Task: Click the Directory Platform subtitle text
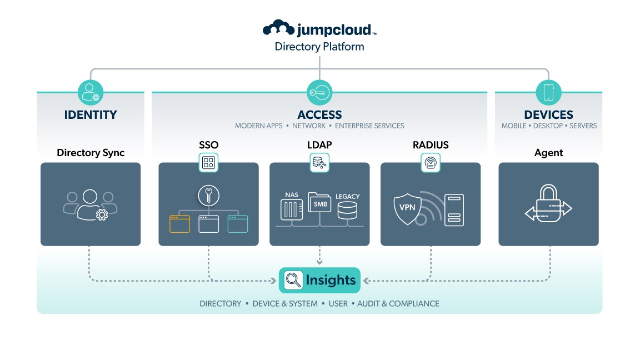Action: click(319, 47)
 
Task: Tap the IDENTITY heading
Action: click(91, 115)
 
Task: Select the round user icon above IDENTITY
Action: click(91, 92)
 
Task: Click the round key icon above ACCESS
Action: click(319, 92)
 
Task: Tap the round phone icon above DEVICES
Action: click(548, 92)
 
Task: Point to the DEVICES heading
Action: click(548, 115)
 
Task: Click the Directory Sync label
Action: click(91, 152)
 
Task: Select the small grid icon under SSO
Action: click(208, 163)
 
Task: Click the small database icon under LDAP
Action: click(319, 163)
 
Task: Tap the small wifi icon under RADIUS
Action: click(431, 163)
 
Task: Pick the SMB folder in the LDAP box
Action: click(319, 203)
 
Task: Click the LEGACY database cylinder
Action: click(347, 211)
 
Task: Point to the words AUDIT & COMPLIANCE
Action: click(398, 304)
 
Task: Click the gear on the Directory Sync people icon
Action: click(102, 215)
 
